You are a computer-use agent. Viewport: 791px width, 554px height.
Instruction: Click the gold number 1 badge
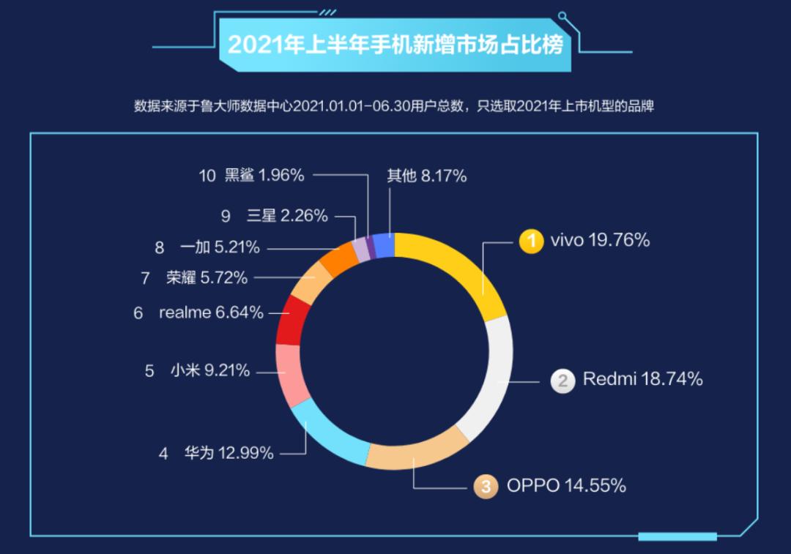click(x=531, y=241)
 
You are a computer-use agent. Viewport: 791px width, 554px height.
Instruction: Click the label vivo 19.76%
click(x=600, y=240)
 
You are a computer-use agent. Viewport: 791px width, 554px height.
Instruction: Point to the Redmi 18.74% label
click(x=642, y=379)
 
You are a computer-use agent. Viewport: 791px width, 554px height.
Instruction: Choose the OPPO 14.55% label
click(x=566, y=485)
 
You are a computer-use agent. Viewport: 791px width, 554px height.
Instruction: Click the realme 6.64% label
click(x=211, y=312)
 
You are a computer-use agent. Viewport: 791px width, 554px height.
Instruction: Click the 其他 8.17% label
click(x=426, y=176)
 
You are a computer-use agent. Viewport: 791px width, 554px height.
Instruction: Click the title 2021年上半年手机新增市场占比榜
click(x=395, y=45)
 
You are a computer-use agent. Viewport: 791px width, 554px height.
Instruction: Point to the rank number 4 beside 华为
click(x=163, y=454)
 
